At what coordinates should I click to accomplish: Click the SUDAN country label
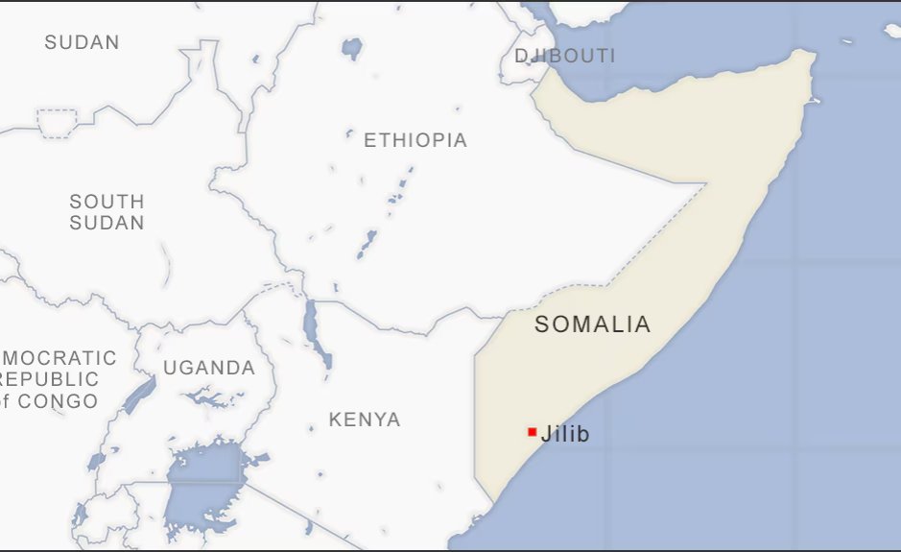tap(82, 42)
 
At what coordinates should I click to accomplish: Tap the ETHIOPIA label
tap(415, 140)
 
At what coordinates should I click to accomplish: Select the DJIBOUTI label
tap(564, 56)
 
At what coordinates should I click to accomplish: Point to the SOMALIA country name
tap(592, 324)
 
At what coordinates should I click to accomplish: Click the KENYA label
tap(365, 420)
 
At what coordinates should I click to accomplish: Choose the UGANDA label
tap(208, 368)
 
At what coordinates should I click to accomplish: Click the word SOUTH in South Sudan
tap(107, 202)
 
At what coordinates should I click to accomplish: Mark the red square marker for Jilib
tap(532, 432)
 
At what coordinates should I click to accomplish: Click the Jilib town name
tap(565, 434)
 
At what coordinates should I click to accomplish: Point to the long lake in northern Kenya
tap(312, 326)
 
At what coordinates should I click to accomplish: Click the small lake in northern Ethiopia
tap(353, 47)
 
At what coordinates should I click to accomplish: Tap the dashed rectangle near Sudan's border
tap(56, 123)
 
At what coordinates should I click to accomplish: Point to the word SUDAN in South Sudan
tap(107, 223)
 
